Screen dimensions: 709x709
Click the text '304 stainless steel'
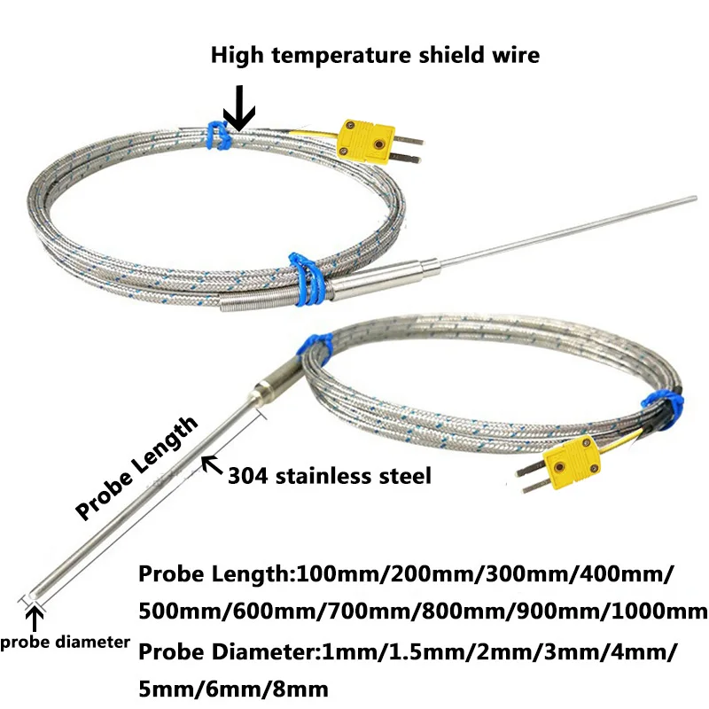pyautogui.click(x=330, y=476)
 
